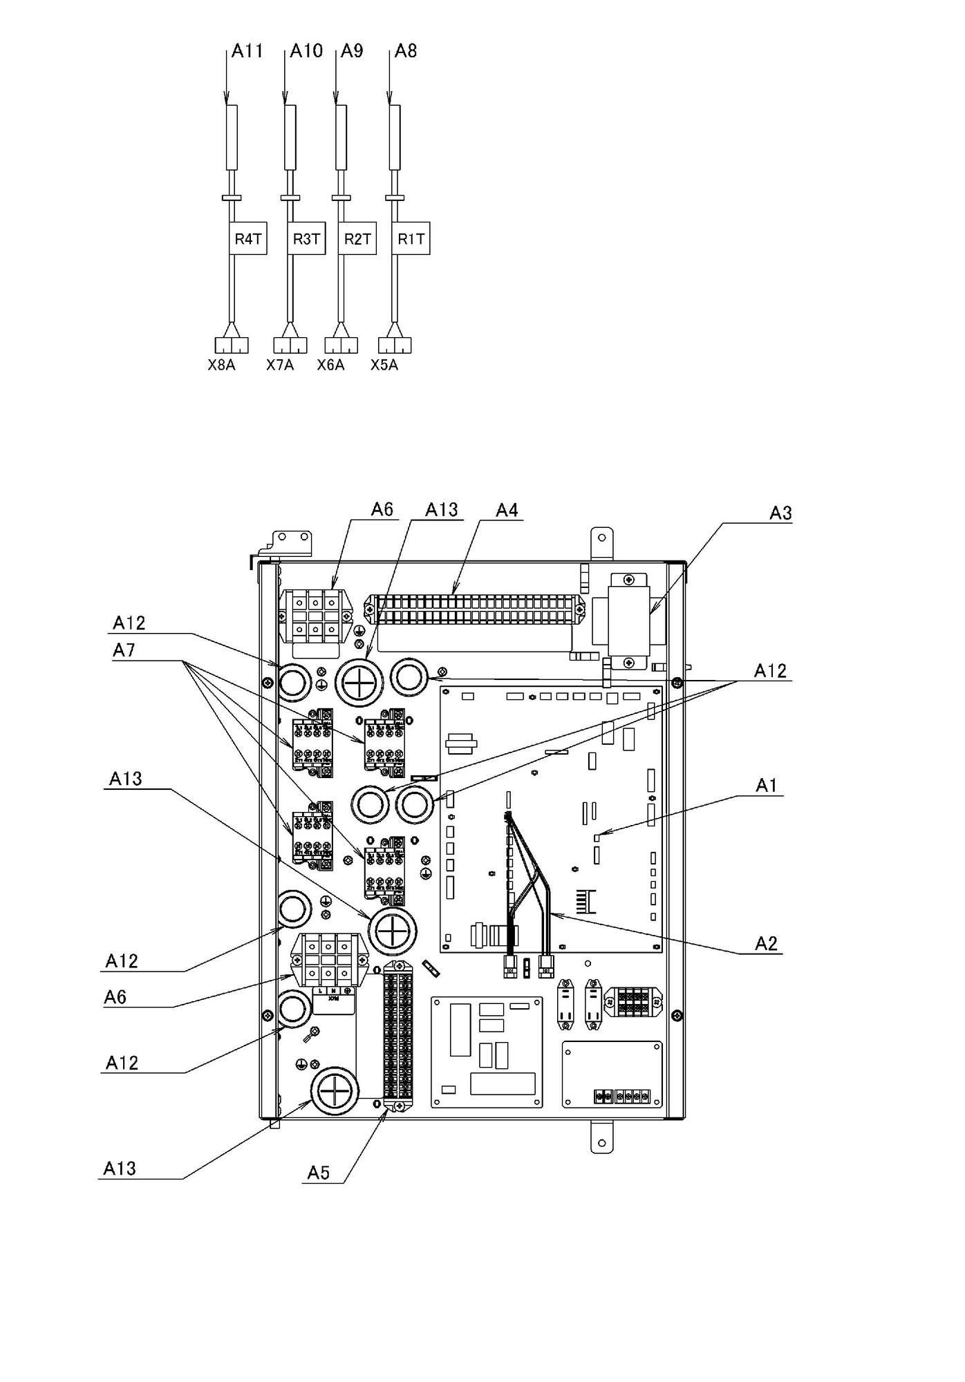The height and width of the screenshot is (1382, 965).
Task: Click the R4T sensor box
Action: (x=247, y=238)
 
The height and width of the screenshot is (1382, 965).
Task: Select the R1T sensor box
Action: (x=411, y=238)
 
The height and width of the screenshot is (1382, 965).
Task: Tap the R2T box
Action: (x=357, y=238)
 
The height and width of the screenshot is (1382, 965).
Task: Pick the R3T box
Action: (x=306, y=238)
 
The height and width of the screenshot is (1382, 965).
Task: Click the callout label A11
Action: (x=247, y=51)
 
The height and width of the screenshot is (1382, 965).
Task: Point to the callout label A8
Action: (x=405, y=51)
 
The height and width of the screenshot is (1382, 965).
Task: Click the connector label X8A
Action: (x=221, y=365)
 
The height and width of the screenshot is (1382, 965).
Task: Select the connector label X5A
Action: (x=384, y=365)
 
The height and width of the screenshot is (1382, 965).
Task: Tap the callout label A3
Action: (x=780, y=513)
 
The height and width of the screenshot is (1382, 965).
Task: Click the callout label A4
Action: (x=507, y=510)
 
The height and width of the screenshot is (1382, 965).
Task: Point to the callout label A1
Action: (x=766, y=786)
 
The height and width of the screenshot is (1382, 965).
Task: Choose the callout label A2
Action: (x=766, y=944)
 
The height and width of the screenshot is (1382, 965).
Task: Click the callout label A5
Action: (x=319, y=1173)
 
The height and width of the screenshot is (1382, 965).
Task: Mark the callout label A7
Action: (x=124, y=650)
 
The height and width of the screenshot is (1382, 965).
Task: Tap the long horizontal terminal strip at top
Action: (x=473, y=609)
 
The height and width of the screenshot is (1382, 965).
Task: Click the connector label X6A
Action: (x=330, y=365)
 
